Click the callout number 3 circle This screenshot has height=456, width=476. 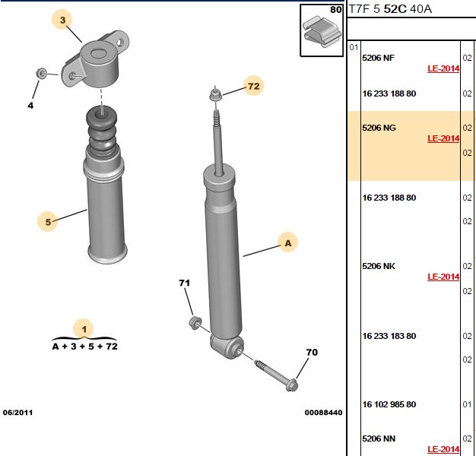(x=63, y=20)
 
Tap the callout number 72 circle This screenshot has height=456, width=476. (x=254, y=86)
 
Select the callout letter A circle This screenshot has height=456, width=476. (x=287, y=242)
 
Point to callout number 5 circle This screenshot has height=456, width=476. (x=48, y=221)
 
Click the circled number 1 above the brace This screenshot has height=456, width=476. (x=84, y=329)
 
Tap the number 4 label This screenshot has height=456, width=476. (x=30, y=106)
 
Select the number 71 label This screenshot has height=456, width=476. (x=184, y=283)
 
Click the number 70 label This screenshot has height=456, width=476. (x=312, y=352)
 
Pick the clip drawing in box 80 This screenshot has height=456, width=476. (x=322, y=32)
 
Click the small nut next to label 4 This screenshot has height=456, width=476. (x=41, y=73)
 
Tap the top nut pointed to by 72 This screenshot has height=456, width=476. (x=215, y=95)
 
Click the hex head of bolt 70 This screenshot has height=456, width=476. (x=292, y=385)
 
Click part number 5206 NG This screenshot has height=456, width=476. (x=379, y=128)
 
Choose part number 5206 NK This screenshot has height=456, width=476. (x=379, y=266)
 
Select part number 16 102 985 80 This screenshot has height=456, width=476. (x=389, y=404)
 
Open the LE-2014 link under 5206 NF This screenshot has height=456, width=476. (x=443, y=68)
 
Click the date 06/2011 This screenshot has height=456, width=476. (x=17, y=413)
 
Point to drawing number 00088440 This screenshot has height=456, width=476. (x=324, y=413)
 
